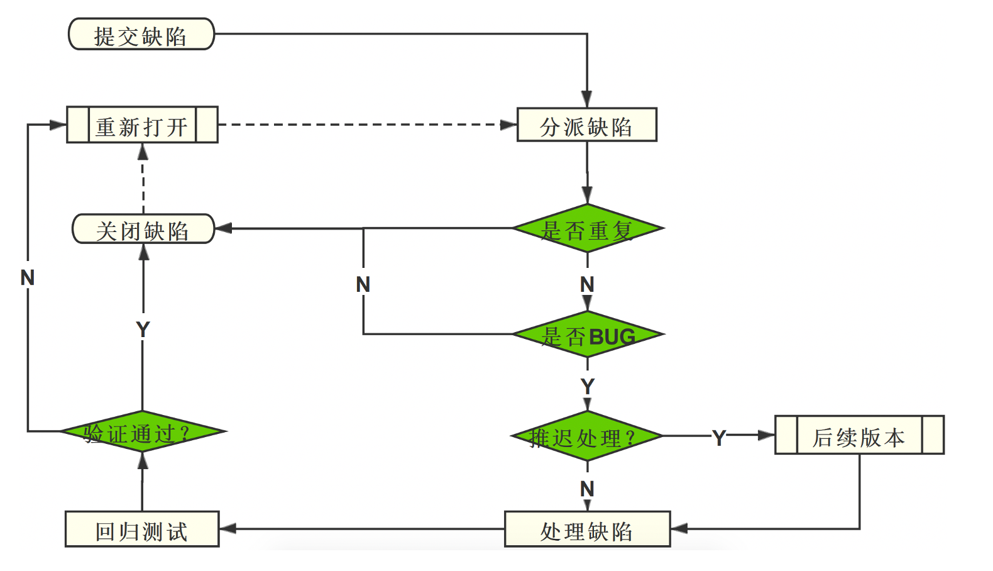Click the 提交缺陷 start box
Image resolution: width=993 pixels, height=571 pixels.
click(x=141, y=35)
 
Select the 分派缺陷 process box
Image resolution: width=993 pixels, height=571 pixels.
click(x=586, y=125)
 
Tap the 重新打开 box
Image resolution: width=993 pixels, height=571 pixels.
click(x=142, y=125)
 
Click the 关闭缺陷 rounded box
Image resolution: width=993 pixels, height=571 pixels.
click(x=143, y=229)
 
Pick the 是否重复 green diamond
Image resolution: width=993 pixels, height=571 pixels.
click(x=588, y=229)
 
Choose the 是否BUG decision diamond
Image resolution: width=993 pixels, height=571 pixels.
click(x=588, y=335)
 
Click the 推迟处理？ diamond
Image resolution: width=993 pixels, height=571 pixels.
click(x=586, y=436)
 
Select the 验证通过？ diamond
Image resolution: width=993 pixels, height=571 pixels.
click(x=143, y=432)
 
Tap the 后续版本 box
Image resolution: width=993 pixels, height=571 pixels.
click(x=859, y=435)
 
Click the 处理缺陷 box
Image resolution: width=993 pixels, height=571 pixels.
click(x=587, y=529)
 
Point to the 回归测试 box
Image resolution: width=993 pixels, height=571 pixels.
click(x=142, y=529)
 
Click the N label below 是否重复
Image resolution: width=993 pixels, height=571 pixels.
click(x=587, y=284)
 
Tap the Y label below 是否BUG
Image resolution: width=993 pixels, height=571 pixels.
click(x=588, y=385)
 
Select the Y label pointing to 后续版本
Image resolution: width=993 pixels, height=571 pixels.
click(x=719, y=437)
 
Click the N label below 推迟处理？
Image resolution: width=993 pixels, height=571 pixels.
click(x=587, y=489)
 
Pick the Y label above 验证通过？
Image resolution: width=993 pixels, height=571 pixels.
click(x=143, y=329)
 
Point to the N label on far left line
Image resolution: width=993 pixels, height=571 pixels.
click(x=27, y=277)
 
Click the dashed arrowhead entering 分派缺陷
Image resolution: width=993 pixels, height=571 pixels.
click(x=508, y=125)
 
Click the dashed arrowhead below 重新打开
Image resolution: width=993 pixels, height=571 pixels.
click(x=143, y=152)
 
